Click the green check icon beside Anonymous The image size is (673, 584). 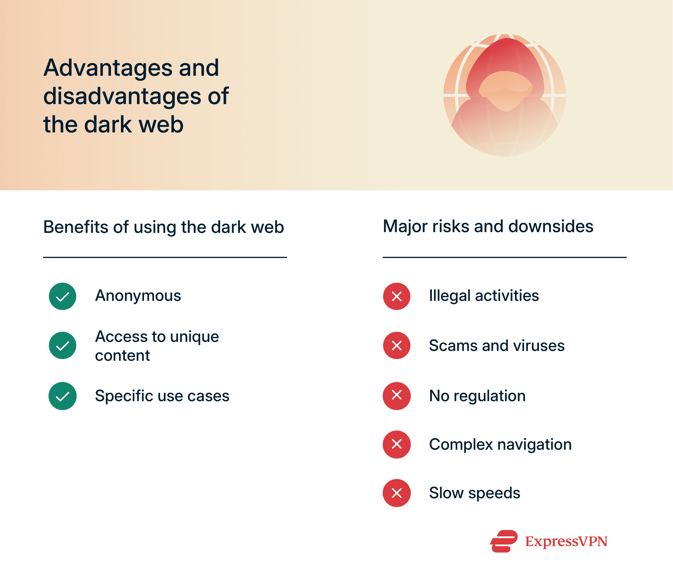(x=62, y=296)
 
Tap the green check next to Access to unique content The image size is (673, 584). (x=62, y=345)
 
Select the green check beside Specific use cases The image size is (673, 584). (x=62, y=396)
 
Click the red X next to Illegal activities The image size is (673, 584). (x=396, y=296)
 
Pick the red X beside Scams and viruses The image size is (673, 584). (x=396, y=345)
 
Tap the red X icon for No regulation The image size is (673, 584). (x=396, y=396)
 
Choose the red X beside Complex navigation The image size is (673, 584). (x=396, y=445)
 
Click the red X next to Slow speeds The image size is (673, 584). (x=396, y=493)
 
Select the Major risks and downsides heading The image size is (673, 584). (x=488, y=226)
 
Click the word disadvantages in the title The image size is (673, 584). (x=122, y=96)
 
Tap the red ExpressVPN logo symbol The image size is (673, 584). (x=504, y=541)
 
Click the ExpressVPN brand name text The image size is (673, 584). (x=566, y=542)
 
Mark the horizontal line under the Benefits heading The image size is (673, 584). (x=165, y=257)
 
